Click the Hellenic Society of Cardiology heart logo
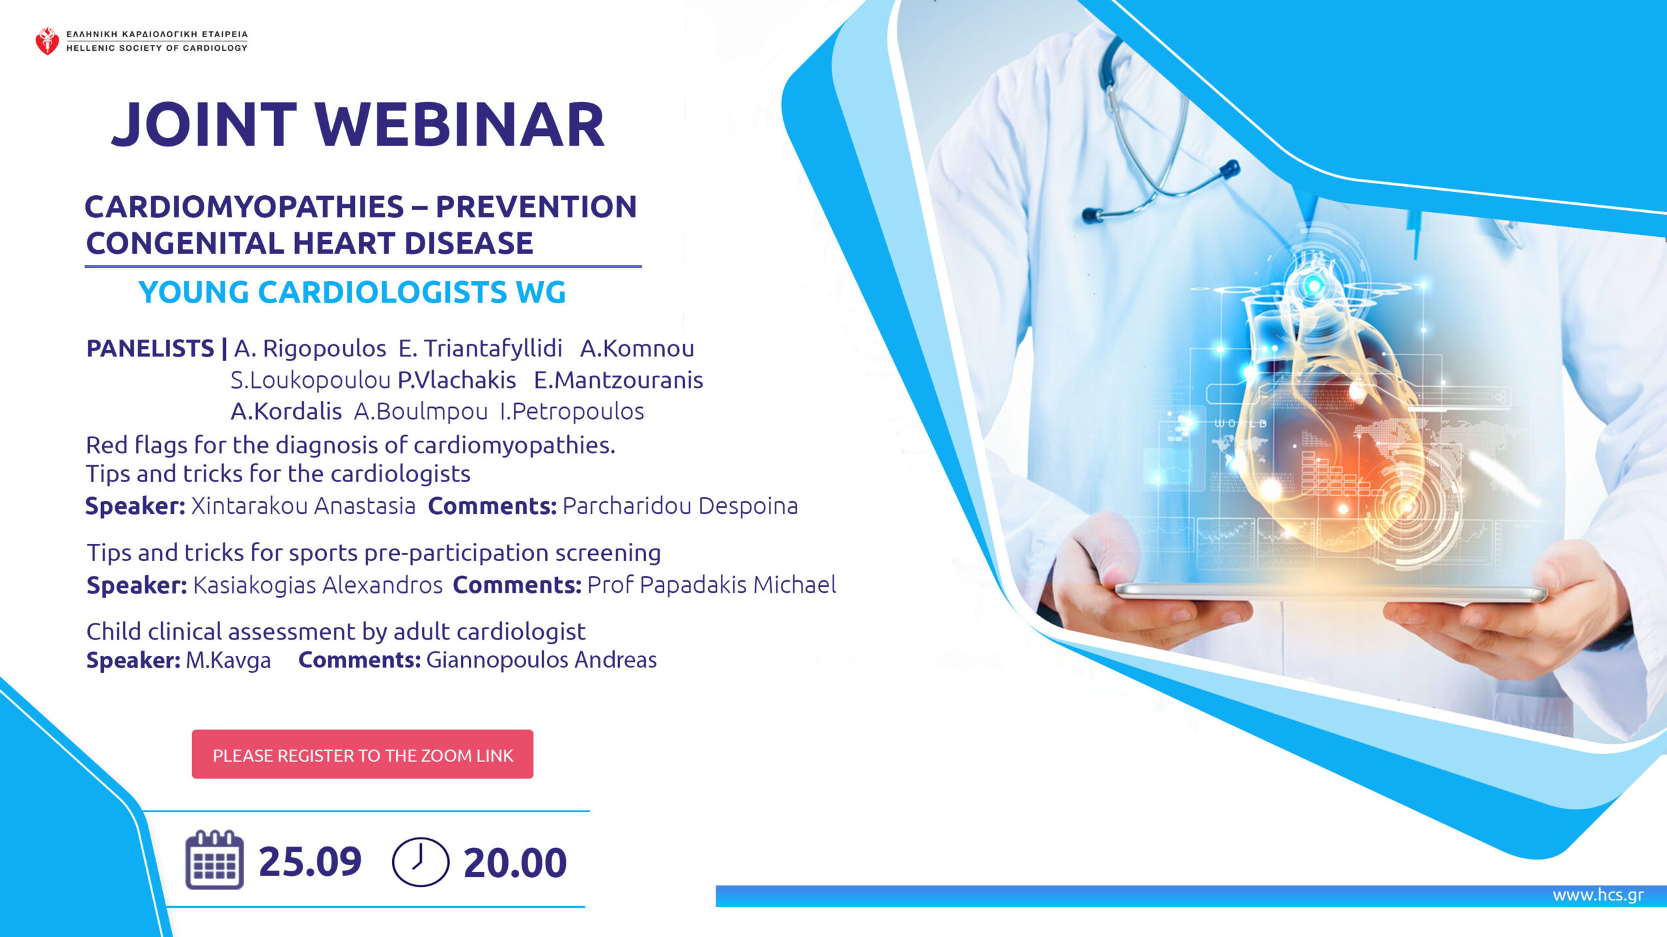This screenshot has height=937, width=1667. tap(47, 41)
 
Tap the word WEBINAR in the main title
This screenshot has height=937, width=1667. tap(460, 125)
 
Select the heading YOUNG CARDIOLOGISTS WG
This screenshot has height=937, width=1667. tap(352, 292)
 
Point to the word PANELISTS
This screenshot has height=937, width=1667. tap(150, 349)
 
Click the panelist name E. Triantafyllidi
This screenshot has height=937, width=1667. tap(481, 349)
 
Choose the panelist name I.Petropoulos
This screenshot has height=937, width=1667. tap(572, 412)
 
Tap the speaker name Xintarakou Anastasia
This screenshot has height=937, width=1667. tap(303, 506)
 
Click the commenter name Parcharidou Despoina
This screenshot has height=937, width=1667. tap(680, 506)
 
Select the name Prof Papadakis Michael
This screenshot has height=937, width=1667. tap(712, 585)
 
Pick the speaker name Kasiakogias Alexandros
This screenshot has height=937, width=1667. tap(318, 585)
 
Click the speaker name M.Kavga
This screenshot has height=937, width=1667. tap(229, 660)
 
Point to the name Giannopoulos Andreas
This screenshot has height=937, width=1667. tap(542, 660)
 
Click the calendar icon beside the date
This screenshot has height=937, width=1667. tap(215, 860)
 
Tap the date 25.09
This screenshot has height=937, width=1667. tap(310, 862)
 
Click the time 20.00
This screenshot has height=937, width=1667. tap(515, 863)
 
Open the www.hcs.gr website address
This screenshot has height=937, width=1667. tap(1598, 895)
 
